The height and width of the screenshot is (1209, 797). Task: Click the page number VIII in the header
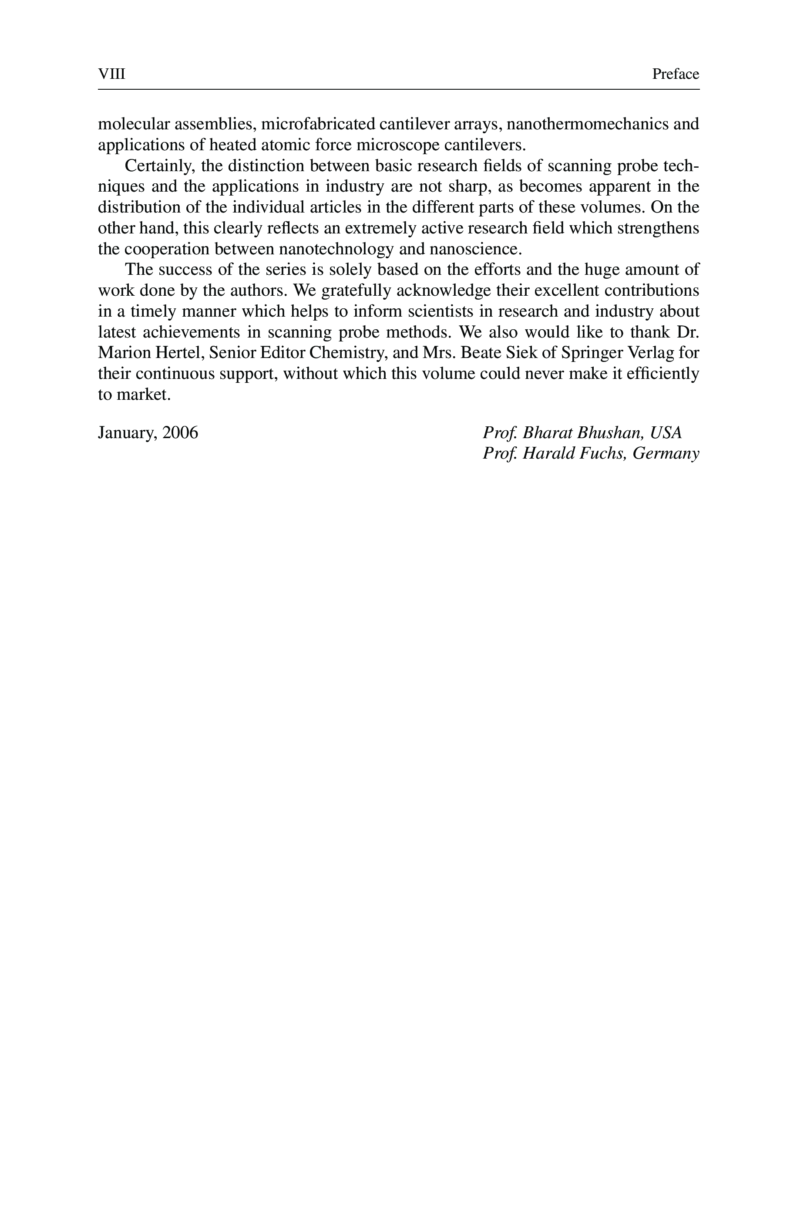coord(111,74)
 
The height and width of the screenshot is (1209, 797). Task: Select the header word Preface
coord(676,74)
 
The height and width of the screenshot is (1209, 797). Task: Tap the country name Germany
coord(666,453)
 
